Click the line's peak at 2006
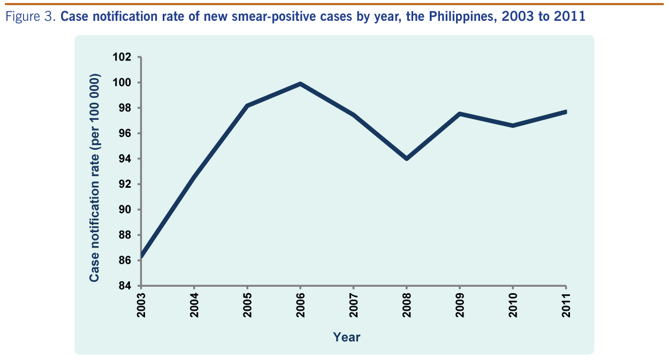click(x=300, y=83)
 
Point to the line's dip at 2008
click(x=407, y=158)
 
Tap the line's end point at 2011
click(x=566, y=112)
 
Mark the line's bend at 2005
click(x=247, y=105)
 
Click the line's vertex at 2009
click(x=460, y=114)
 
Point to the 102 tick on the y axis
click(x=123, y=57)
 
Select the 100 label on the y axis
click(x=123, y=82)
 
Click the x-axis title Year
click(x=347, y=337)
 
